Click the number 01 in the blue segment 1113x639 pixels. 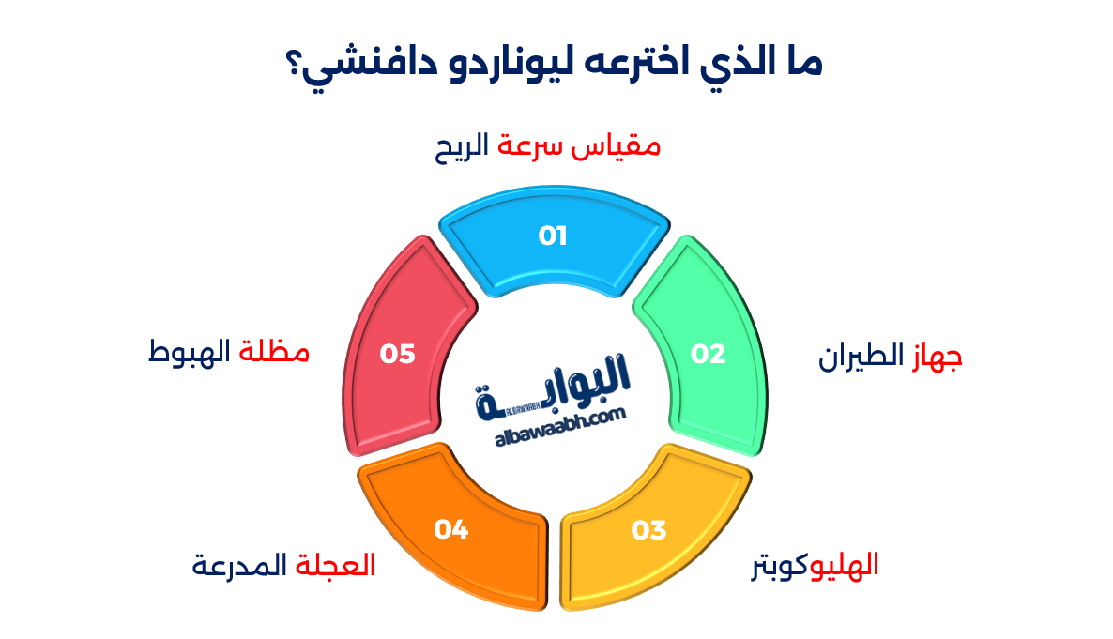coord(554,236)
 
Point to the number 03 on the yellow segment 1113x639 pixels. coord(648,530)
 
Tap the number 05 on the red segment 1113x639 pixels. coord(397,354)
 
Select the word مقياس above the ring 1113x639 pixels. coord(618,147)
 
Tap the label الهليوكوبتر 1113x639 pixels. coord(815,566)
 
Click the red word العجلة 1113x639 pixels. coord(336,566)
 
